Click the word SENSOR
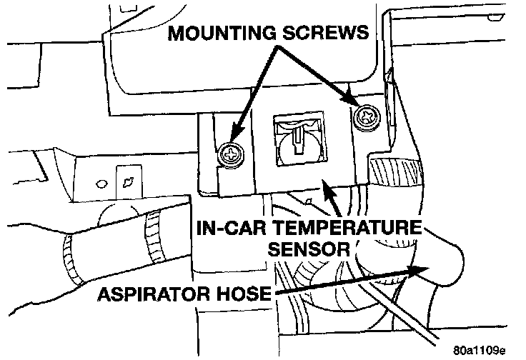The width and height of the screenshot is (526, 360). click(308, 250)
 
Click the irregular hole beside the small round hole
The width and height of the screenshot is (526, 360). click(129, 179)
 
